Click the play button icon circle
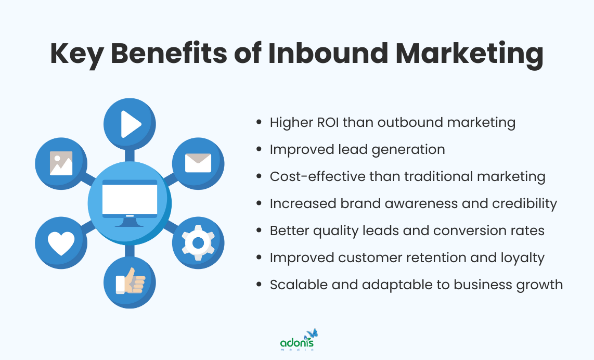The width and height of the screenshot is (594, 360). [130, 124]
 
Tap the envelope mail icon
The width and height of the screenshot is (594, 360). [198, 163]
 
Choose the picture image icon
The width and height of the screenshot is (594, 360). [61, 163]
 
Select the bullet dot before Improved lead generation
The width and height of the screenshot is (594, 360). [260, 150]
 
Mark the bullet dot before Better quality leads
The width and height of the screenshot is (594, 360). [260, 231]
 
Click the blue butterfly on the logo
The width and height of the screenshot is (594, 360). [312, 333]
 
